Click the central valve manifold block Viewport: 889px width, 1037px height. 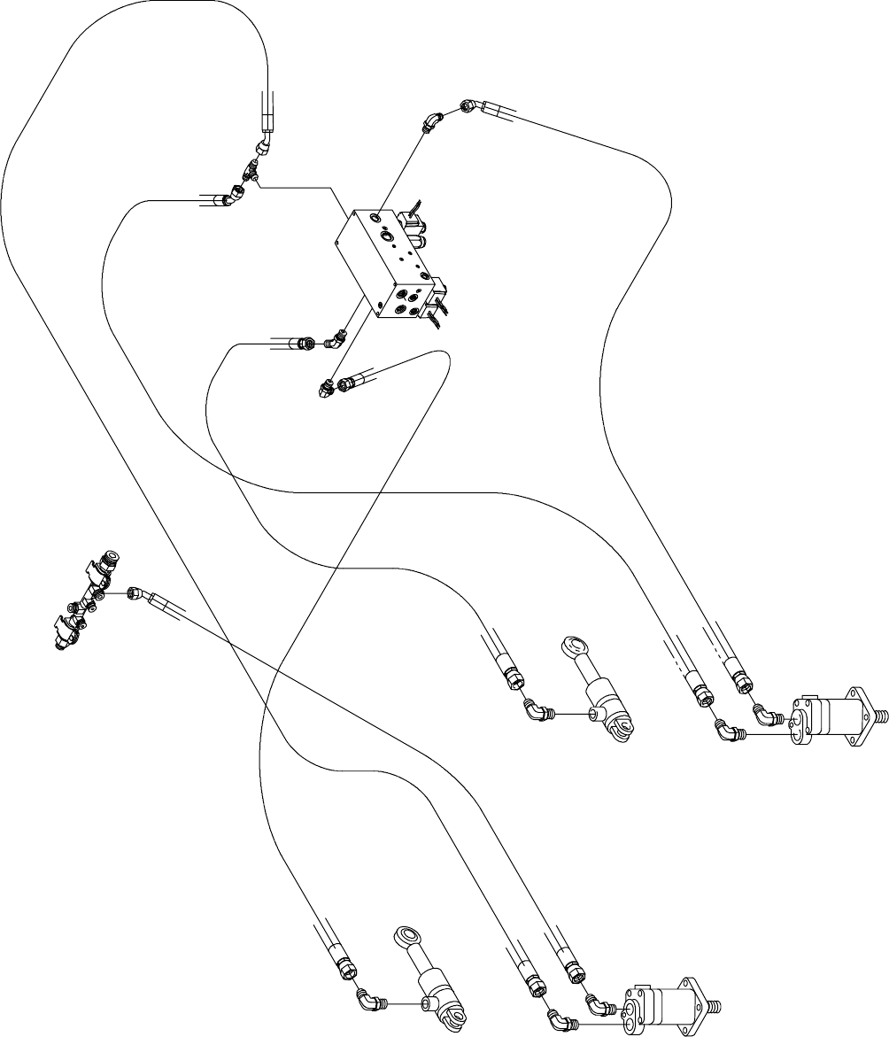[385, 261]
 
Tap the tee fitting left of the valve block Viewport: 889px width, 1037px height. [251, 168]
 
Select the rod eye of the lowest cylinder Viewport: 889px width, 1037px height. [406, 937]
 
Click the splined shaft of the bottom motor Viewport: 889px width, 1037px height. [710, 1007]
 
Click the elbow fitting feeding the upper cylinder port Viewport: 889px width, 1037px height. [536, 708]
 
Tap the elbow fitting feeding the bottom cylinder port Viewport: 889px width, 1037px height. [368, 1001]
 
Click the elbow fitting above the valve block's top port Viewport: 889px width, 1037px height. [431, 120]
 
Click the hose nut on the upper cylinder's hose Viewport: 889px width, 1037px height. [513, 678]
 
